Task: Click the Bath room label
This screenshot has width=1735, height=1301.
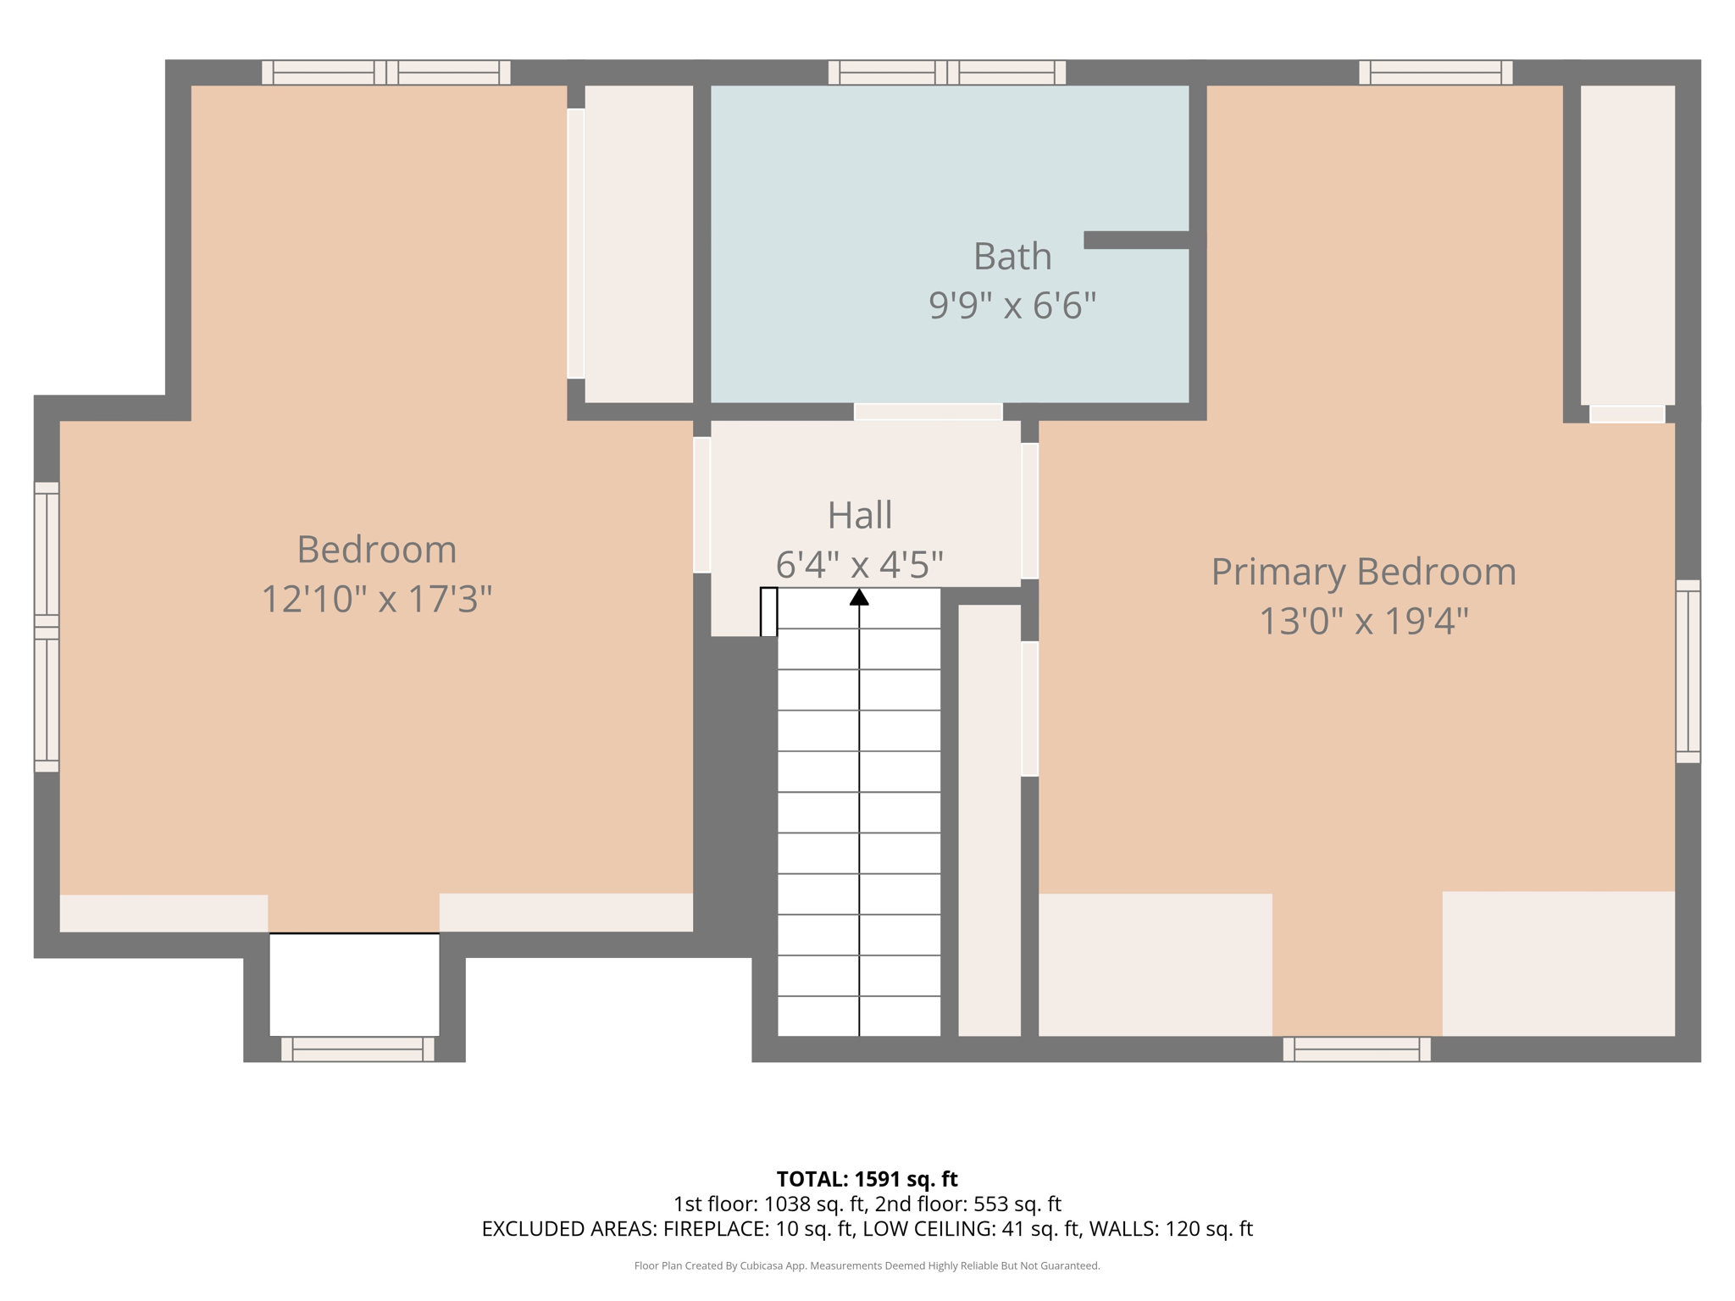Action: click(x=1012, y=256)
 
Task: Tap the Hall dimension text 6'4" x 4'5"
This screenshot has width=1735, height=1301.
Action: click(x=860, y=564)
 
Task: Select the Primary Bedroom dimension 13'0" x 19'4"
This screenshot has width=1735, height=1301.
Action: click(x=1363, y=621)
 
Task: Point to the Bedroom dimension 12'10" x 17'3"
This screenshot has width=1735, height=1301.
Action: click(x=377, y=599)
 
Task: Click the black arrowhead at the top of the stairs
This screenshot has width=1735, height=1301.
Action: click(x=859, y=597)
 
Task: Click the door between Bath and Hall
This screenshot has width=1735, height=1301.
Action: click(x=928, y=412)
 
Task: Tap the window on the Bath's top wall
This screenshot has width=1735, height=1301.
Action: click(x=947, y=73)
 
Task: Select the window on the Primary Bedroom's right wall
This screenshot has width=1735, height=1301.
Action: click(x=1688, y=672)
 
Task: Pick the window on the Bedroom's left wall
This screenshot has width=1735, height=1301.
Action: click(x=47, y=627)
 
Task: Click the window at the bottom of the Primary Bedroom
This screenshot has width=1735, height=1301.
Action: click(x=1357, y=1049)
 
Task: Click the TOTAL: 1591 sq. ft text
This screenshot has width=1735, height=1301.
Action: click(x=867, y=1179)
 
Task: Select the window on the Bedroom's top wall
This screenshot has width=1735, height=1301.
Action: click(x=386, y=73)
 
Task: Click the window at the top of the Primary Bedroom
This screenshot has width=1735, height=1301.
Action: click(x=1436, y=73)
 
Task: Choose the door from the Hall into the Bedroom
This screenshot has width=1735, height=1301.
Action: click(x=701, y=505)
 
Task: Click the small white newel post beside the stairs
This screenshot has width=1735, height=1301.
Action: click(x=768, y=612)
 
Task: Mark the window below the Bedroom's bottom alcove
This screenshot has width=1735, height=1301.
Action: click(x=358, y=1049)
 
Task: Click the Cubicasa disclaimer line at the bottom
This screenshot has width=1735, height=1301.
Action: click(x=867, y=1266)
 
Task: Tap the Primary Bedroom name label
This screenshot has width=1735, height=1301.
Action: click(x=1363, y=573)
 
